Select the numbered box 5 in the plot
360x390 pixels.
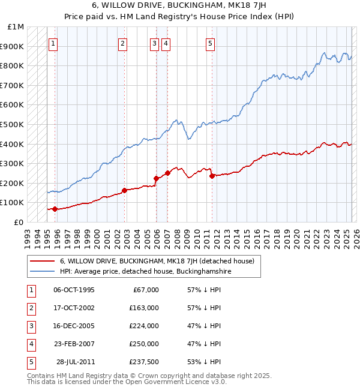(x=211, y=43)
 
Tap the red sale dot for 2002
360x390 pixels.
(x=125, y=190)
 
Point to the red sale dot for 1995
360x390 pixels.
(x=55, y=209)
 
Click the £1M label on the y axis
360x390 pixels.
(x=16, y=27)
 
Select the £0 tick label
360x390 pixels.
(x=19, y=222)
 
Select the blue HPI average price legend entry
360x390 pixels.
(x=145, y=271)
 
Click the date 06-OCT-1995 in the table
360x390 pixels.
(x=74, y=290)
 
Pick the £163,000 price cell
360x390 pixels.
(x=144, y=308)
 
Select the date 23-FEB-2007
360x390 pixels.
(x=74, y=344)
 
